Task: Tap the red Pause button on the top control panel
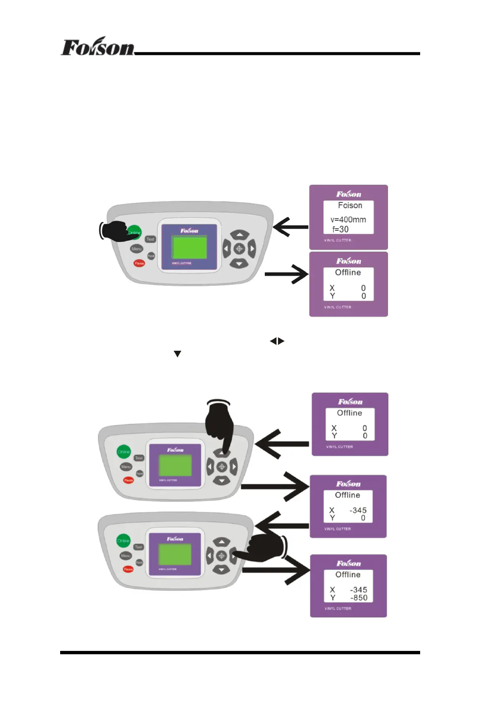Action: pos(139,263)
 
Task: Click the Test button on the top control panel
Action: pos(150,239)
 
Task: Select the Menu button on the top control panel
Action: pos(137,249)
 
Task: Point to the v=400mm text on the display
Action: pos(348,219)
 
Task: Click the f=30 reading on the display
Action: pos(340,229)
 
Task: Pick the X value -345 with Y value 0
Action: pos(358,510)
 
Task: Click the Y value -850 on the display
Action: pos(359,597)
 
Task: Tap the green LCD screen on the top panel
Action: pos(189,248)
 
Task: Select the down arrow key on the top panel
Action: pos(239,263)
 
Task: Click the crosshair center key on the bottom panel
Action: pos(222,556)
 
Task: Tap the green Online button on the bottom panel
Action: pos(123,541)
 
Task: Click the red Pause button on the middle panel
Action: pos(128,480)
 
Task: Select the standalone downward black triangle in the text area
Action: pos(177,354)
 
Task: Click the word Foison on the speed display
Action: pos(350,205)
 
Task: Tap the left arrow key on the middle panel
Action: pos(210,466)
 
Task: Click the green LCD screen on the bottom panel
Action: pos(175,555)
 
